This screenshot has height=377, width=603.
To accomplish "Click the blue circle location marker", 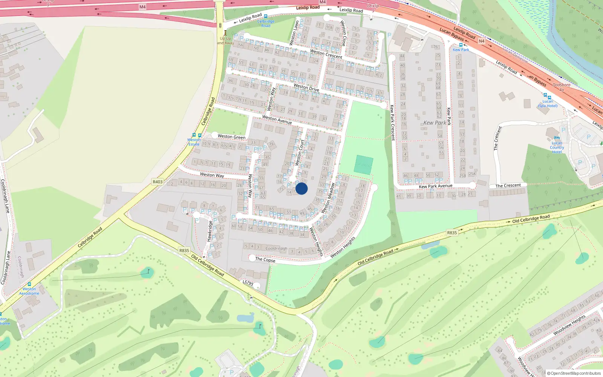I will click(301, 188).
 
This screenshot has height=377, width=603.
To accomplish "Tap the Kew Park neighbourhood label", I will click(435, 123).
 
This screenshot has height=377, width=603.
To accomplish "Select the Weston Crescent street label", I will click(326, 54).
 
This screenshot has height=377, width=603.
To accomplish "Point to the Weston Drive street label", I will click(306, 87).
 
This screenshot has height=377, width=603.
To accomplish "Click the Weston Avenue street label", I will click(277, 120).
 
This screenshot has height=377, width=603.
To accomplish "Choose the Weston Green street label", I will click(231, 137).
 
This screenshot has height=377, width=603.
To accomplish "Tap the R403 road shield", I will click(158, 182).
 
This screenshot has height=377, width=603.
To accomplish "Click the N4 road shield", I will click(481, 41).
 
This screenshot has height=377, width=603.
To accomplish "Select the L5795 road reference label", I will click(248, 283).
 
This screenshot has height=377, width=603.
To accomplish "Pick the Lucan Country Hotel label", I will click(557, 147).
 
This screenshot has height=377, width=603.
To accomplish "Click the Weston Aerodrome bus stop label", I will click(29, 291).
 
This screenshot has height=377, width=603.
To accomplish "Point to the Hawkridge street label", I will click(210, 231).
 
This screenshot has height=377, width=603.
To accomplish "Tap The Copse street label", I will click(265, 259).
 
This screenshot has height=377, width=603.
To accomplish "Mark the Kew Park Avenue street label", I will click(435, 186).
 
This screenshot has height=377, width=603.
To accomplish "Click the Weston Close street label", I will click(343, 33).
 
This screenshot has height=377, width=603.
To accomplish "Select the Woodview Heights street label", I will click(569, 325).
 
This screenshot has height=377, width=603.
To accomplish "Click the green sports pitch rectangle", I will click(364, 165).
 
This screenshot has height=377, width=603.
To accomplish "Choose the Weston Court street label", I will click(300, 153).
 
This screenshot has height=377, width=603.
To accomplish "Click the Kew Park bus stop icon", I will click(461, 45).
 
